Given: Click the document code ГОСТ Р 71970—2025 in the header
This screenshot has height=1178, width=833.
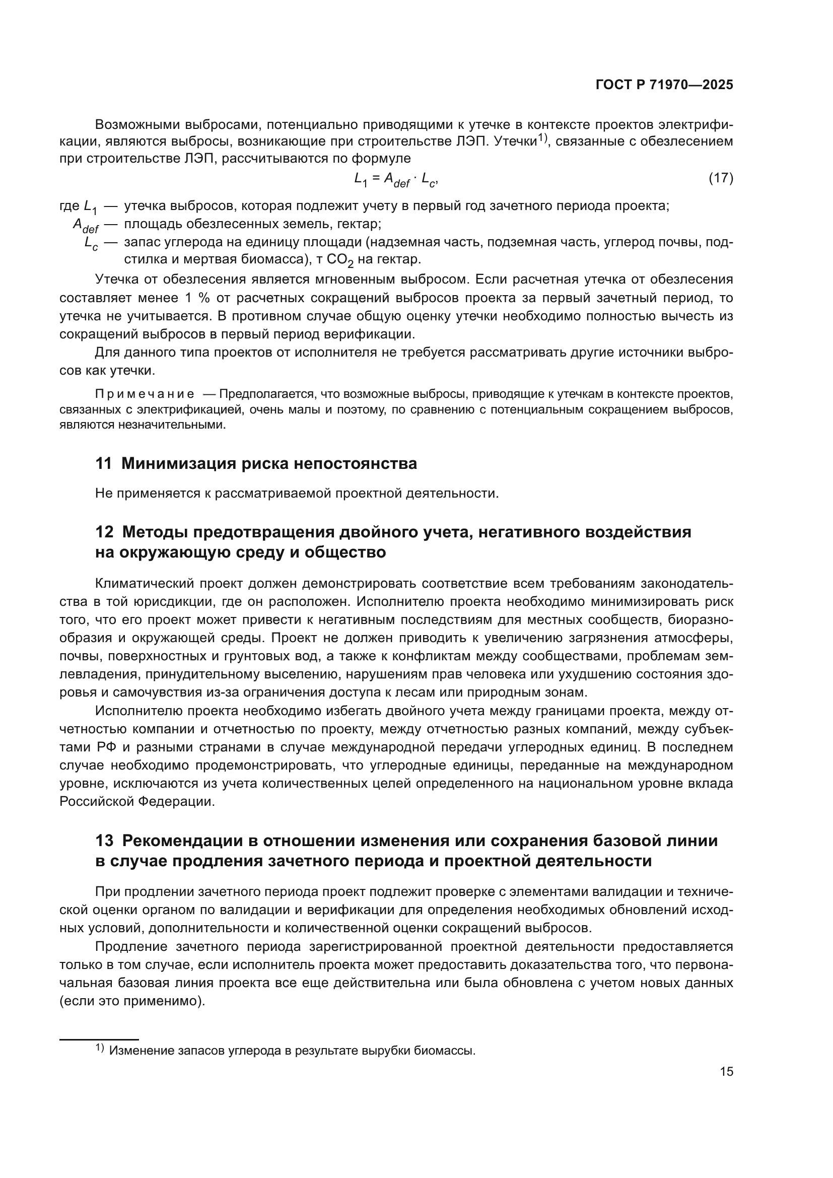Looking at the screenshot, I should click(x=664, y=85).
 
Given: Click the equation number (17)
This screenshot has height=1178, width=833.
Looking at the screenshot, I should click(x=721, y=178).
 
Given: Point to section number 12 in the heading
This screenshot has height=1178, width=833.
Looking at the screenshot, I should click(x=104, y=532).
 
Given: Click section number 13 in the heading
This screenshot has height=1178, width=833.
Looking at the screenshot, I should click(x=104, y=841).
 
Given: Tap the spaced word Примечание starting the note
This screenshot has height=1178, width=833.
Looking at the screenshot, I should click(x=145, y=394).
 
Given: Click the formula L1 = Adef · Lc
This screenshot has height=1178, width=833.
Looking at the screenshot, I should click(x=395, y=179).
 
